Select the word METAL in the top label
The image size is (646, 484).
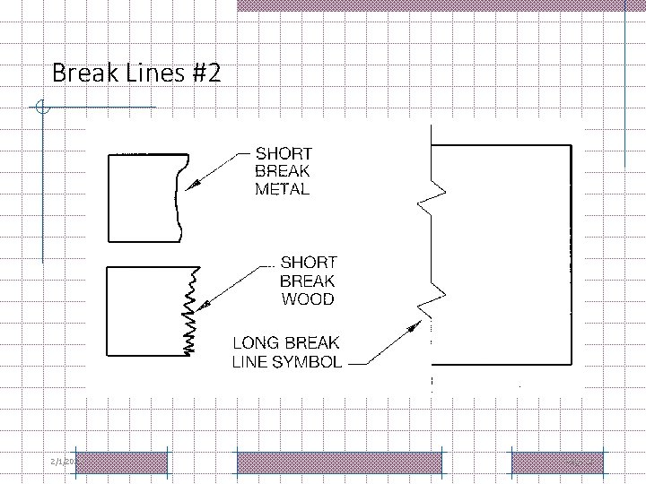pos(283,189)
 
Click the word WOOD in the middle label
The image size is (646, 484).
pos(308,299)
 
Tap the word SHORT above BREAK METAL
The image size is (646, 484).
pos(284,152)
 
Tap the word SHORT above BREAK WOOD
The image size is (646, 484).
pos(309,263)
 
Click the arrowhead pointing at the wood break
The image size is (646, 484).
pos(203,305)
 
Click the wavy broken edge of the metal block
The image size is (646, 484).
pos(179,197)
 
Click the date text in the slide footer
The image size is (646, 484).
pos(62,461)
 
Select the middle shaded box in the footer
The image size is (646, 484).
pos(339,462)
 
